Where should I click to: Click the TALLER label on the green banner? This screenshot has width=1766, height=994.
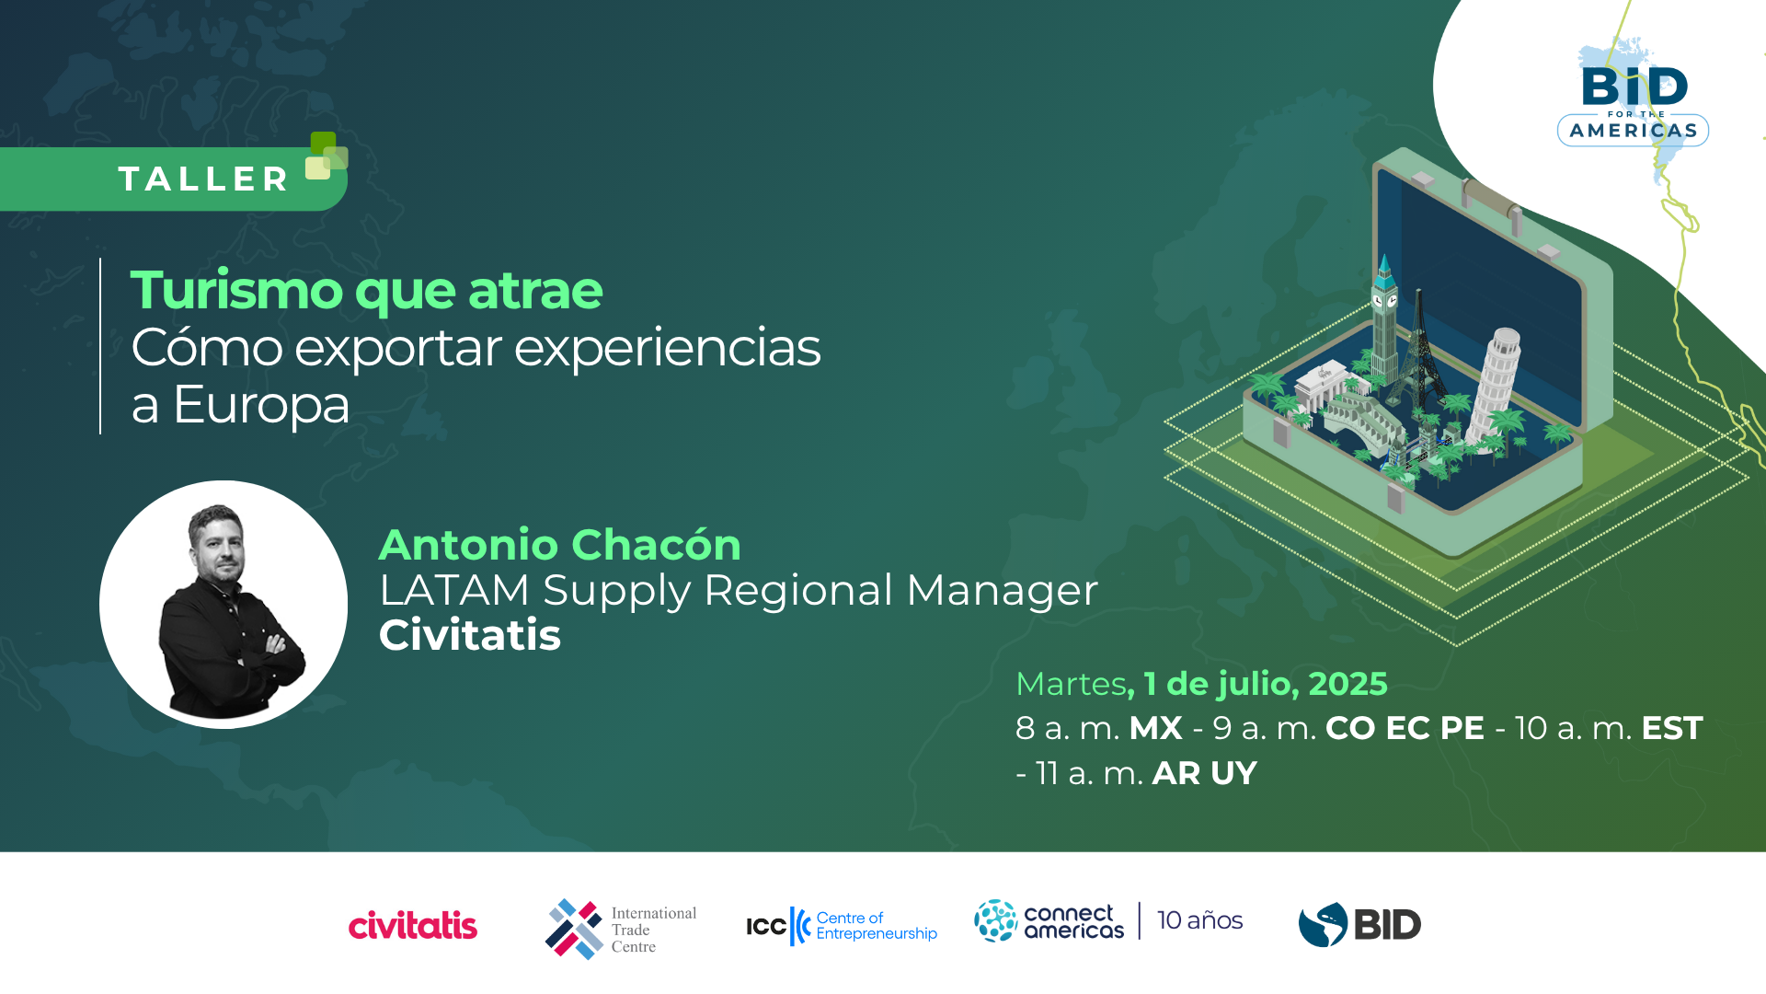pyautogui.click(x=204, y=179)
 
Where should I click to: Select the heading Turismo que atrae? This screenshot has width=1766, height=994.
pyautogui.click(x=366, y=290)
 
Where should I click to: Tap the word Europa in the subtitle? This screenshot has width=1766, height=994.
pyautogui.click(x=261, y=404)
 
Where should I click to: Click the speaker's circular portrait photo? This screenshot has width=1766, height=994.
pyautogui.click(x=224, y=605)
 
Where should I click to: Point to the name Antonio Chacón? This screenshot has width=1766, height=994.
pyautogui.click(x=559, y=544)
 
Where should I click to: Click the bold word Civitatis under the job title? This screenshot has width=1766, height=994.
pyautogui.click(x=470, y=635)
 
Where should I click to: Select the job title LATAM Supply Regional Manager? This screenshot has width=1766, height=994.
pyautogui.click(x=739, y=590)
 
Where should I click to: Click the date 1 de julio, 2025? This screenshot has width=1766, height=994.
pyautogui.click(x=1265, y=684)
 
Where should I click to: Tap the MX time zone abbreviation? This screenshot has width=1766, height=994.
pyautogui.click(x=1155, y=728)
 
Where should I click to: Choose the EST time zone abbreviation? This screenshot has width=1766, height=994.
pyautogui.click(x=1672, y=728)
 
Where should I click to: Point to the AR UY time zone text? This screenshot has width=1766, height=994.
pyautogui.click(x=1204, y=773)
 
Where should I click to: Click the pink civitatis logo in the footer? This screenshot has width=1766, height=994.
pyautogui.click(x=413, y=924)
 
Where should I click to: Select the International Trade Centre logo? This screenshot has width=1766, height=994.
pyautogui.click(x=621, y=929)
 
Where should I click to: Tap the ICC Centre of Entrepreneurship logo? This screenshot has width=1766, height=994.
pyautogui.click(x=842, y=926)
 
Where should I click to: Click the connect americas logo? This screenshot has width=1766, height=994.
pyautogui.click(x=1049, y=921)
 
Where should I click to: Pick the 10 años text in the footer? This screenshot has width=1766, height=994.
pyautogui.click(x=1199, y=920)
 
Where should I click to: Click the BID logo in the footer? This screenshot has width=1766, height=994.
pyautogui.click(x=1359, y=925)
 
